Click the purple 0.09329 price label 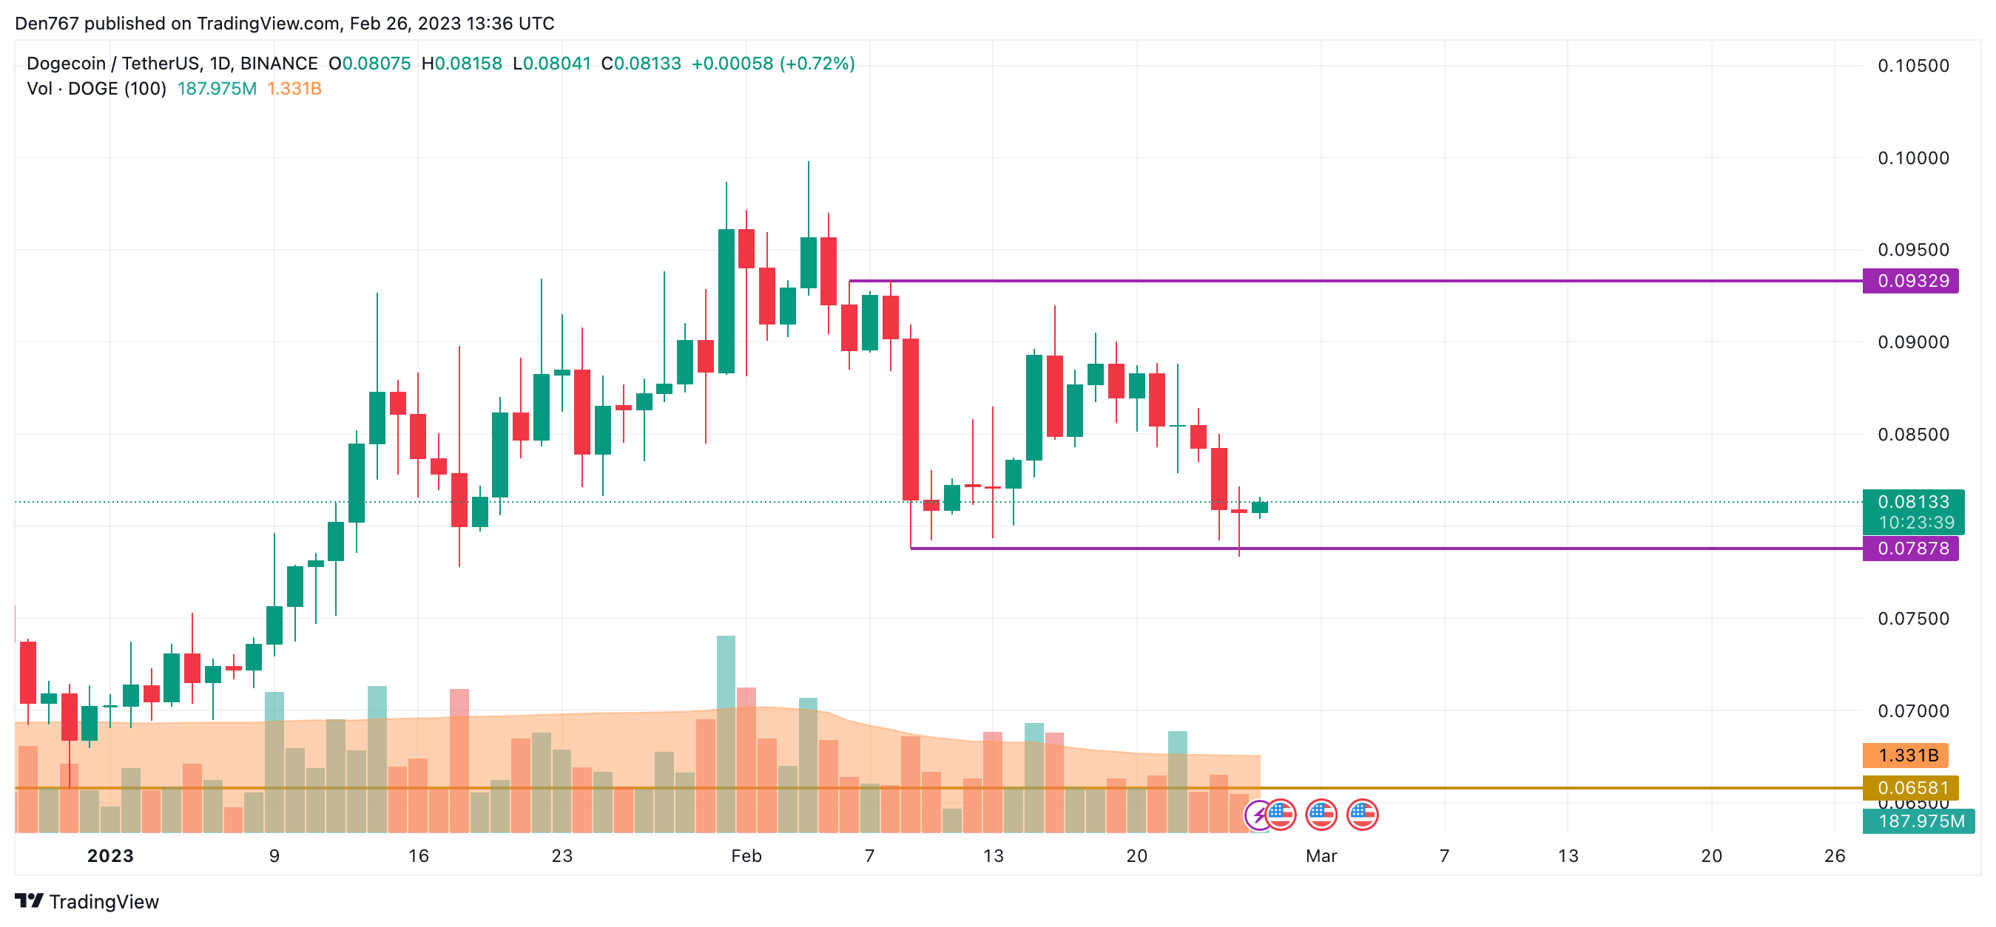[x=1911, y=280]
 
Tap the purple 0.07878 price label [x=1911, y=549]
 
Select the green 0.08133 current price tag [x=1912, y=502]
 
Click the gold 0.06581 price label [x=1911, y=787]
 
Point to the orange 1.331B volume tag [x=1906, y=755]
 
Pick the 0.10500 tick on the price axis [x=1912, y=66]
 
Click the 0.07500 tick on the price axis [x=1912, y=618]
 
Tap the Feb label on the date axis [x=746, y=856]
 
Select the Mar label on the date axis [x=1321, y=856]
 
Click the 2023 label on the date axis [x=110, y=856]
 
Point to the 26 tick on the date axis [x=1834, y=856]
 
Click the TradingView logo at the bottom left [x=87, y=901]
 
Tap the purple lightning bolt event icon [x=1258, y=815]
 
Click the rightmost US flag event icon [x=1362, y=815]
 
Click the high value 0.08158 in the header [x=468, y=64]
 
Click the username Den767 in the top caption [x=47, y=23]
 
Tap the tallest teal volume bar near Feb [x=726, y=673]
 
